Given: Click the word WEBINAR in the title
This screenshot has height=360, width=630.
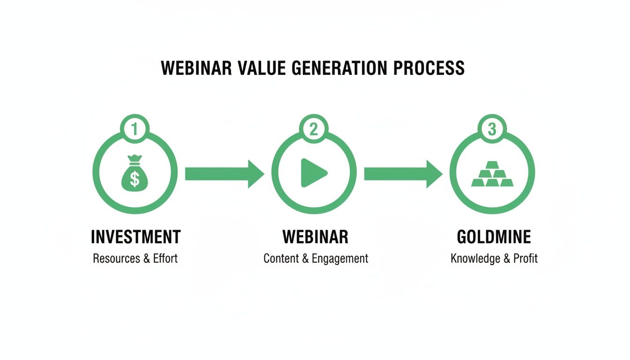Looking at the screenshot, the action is coord(196,68).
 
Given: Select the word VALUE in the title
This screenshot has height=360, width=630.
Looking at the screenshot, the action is coord(262,68).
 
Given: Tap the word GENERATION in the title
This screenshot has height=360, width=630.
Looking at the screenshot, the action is coord(339,68).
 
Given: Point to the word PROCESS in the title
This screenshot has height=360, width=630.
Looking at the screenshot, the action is coord(428,68).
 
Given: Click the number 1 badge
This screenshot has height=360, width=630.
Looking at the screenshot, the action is coord(135,129).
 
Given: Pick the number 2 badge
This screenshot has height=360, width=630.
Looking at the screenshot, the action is coord(314,129).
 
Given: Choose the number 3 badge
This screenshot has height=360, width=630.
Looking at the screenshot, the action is coord(492,129).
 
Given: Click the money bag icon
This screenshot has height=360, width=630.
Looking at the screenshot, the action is coord(135,173).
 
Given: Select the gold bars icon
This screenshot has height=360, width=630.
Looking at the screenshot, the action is coord(492,174).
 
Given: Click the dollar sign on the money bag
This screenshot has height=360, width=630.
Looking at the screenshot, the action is coord(135,179).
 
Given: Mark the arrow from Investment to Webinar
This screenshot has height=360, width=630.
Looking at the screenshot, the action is coord(225,174).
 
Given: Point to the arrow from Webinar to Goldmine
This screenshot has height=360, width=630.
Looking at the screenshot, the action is coord(403,174).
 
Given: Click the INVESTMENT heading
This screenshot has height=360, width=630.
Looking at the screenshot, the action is coord(136,237).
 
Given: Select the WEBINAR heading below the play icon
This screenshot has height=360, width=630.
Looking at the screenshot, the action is coord(315,237).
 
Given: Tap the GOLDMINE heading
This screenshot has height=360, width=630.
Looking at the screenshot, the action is coord(494,237).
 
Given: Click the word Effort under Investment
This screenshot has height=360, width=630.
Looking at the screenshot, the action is coord(165,258).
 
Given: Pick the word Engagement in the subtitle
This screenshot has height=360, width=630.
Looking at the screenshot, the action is coord(340,259).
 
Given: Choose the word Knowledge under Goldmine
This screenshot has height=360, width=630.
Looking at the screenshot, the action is coord(476,259).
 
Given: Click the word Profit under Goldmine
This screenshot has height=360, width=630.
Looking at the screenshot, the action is coord(525,258).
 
